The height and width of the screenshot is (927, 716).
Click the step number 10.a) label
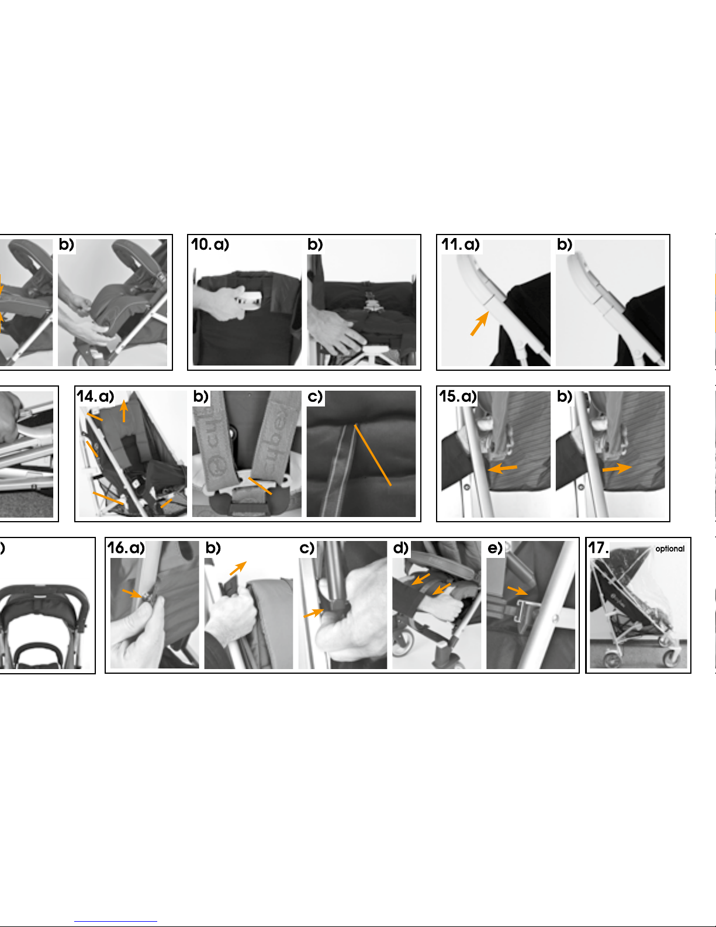[210, 244]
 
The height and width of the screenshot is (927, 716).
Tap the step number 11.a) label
[461, 244]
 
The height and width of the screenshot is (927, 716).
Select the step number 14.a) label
[95, 397]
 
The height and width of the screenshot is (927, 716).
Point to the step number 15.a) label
[458, 397]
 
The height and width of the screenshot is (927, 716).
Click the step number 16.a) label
[126, 548]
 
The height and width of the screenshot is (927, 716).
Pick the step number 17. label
[598, 548]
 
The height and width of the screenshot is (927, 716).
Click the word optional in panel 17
[670, 549]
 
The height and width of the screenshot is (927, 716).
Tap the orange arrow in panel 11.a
[480, 323]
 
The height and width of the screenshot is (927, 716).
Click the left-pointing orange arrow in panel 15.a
[502, 468]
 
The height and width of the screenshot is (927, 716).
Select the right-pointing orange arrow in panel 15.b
[617, 468]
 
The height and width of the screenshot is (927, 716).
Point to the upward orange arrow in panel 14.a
[123, 411]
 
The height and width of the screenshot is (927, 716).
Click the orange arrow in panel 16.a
[132, 594]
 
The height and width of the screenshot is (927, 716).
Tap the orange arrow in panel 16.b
[238, 568]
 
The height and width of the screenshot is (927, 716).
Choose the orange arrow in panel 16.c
[314, 614]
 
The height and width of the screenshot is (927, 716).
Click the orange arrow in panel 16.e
[517, 591]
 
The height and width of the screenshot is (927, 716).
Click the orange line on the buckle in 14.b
[260, 486]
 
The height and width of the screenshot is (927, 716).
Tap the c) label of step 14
[315, 397]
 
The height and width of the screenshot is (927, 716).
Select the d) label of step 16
[400, 548]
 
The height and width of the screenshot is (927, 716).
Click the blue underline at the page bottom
[116, 922]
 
